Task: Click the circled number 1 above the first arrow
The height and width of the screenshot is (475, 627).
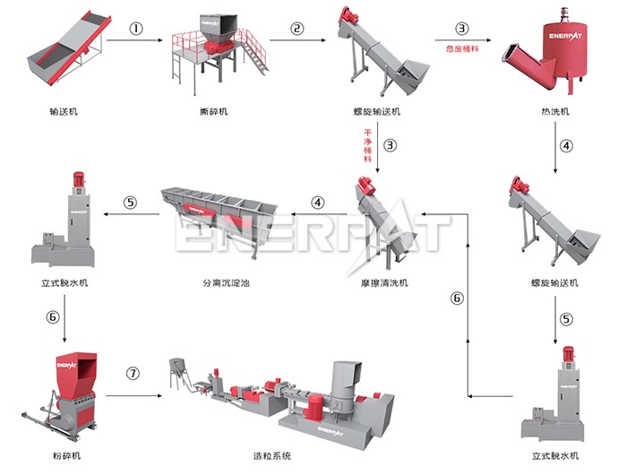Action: click(136, 28)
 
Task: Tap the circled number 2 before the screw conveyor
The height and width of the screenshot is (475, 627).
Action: click(297, 28)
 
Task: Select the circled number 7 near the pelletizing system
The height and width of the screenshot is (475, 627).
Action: click(133, 372)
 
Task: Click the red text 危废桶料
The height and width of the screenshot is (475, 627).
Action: click(461, 48)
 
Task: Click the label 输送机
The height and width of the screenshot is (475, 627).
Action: click(63, 112)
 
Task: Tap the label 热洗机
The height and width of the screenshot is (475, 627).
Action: click(555, 112)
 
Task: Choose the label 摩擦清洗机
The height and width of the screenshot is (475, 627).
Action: click(379, 283)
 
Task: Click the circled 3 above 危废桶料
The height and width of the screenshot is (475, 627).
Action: click(462, 28)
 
